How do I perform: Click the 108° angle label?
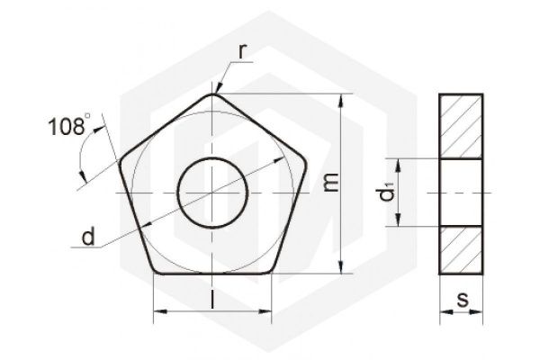(70, 125)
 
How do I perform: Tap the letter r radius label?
(242, 51)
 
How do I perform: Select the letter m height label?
(331, 182)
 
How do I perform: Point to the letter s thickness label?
(463, 299)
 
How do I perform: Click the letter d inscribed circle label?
(88, 237)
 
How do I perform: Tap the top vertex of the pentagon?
(212, 94)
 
